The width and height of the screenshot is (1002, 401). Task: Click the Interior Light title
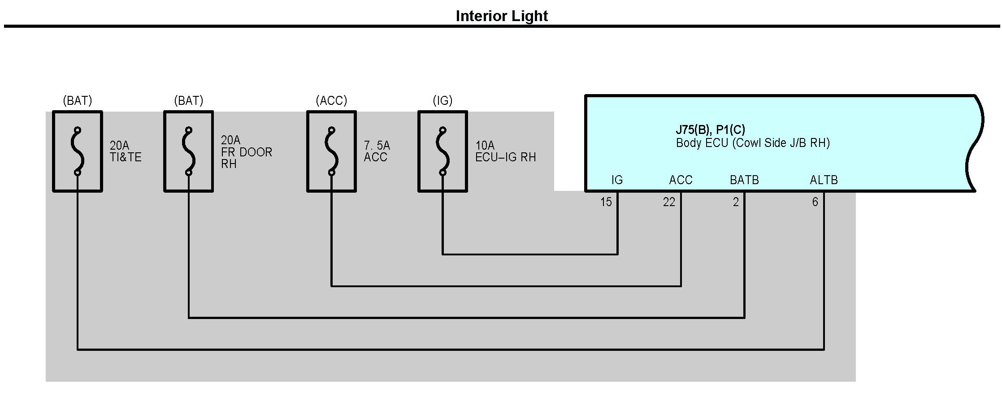[502, 16]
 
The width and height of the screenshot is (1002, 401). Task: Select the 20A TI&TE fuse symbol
[78, 151]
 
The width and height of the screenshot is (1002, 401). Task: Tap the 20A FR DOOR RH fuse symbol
[188, 151]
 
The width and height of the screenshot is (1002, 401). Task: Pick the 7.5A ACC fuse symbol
[331, 151]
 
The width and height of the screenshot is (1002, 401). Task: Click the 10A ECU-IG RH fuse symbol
[442, 151]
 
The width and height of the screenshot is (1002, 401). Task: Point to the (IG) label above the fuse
[442, 101]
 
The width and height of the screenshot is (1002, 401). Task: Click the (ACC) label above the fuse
[331, 101]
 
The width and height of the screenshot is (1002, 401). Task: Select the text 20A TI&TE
[126, 151]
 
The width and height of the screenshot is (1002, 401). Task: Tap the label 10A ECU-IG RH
[505, 151]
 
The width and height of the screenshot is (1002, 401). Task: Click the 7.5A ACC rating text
[377, 151]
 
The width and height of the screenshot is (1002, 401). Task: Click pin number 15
[606, 203]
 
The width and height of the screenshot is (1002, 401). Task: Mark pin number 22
[669, 203]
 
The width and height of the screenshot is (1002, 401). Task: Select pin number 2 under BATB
[736, 203]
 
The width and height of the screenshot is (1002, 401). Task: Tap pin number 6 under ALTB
[815, 203]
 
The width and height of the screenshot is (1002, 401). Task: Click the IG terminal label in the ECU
[617, 180]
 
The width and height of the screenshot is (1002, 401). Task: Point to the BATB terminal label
[744, 180]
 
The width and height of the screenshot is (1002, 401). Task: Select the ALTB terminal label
[824, 180]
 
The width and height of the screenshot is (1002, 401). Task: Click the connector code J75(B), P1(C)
[710, 130]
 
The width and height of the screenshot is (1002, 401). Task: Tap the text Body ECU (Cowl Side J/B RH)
[753, 143]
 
